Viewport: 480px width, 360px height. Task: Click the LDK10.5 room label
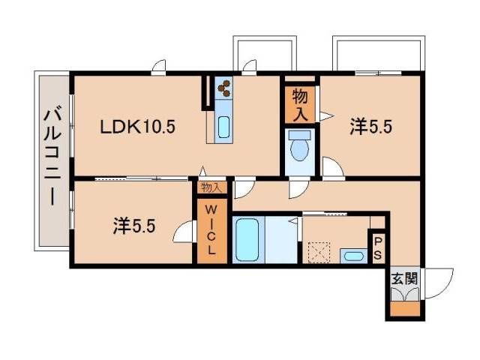tap(138, 127)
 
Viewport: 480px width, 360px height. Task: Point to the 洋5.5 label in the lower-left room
tap(134, 225)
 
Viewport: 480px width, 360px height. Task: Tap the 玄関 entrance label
tap(404, 278)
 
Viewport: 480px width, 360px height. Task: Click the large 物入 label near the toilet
tap(300, 104)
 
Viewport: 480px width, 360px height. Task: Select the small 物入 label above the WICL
tap(211, 188)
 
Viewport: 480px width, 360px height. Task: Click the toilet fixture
tap(300, 147)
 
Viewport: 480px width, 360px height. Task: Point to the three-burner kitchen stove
tap(224, 89)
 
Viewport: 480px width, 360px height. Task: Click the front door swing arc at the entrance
tap(439, 283)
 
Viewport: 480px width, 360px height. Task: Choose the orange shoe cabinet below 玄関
tap(405, 307)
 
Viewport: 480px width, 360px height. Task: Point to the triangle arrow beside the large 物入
tap(325, 115)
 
